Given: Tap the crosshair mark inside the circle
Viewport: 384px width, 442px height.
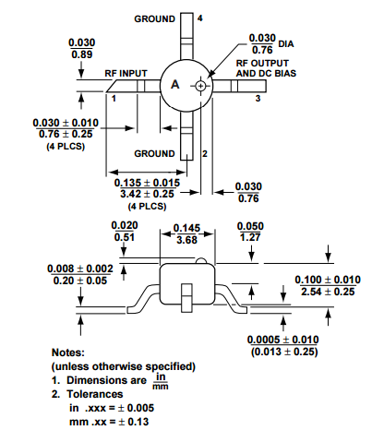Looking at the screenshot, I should (200, 86).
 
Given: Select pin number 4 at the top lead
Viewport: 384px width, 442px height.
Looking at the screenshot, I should (200, 18).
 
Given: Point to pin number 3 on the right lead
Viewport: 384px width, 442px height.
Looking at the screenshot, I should (258, 97).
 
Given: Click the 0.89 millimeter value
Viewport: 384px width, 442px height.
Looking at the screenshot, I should (82, 54).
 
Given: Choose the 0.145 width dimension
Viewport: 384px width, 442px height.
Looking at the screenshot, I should (187, 227).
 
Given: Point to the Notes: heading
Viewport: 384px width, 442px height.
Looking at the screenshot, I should (72, 352).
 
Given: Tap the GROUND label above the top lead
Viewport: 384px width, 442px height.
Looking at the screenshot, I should (154, 18).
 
